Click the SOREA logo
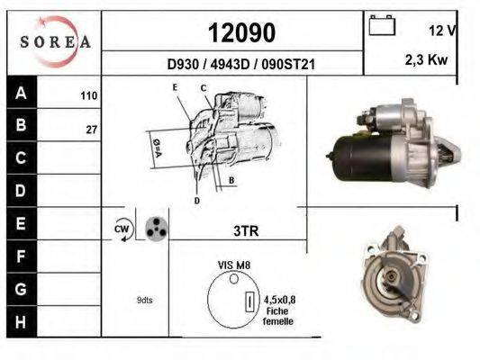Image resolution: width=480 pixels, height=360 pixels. click(x=56, y=41)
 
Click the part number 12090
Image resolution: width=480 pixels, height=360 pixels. click(x=242, y=32)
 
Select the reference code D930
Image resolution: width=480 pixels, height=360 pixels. click(x=183, y=65)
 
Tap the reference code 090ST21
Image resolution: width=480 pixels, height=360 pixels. click(x=288, y=65)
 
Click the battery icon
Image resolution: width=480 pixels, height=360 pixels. click(x=382, y=25)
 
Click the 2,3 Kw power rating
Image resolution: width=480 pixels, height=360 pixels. click(x=427, y=59)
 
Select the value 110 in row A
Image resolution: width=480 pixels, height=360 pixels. click(x=89, y=95)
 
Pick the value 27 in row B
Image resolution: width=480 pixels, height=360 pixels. click(x=92, y=130)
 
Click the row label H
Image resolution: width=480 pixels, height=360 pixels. click(x=21, y=322)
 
